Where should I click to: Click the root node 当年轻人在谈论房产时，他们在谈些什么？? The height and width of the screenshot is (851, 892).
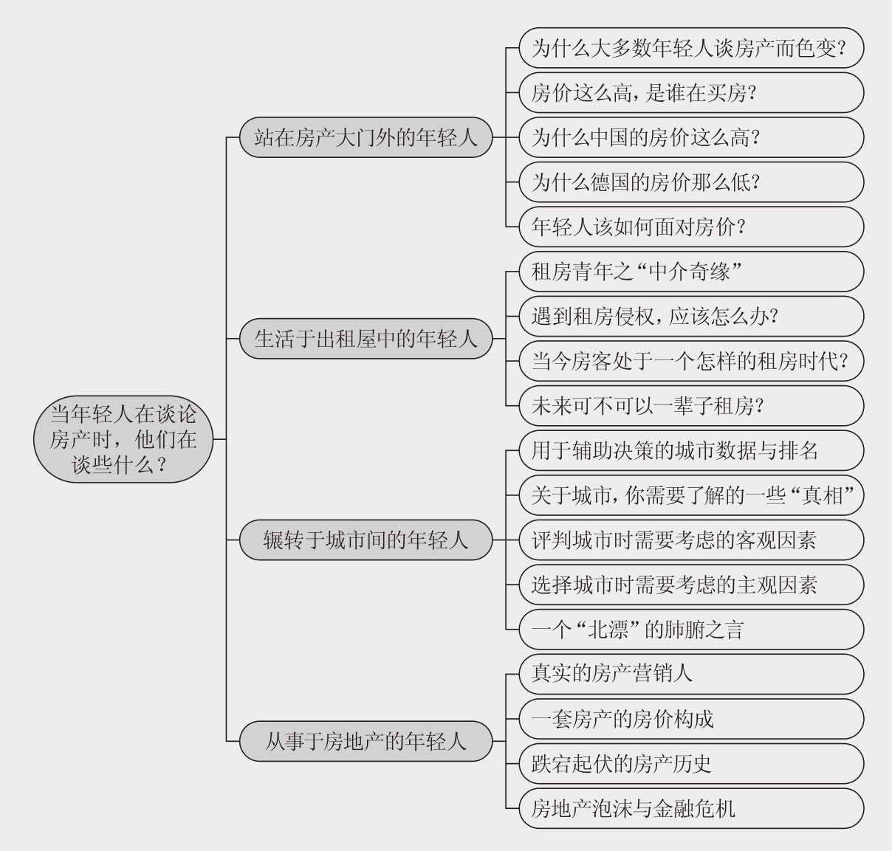click(x=123, y=438)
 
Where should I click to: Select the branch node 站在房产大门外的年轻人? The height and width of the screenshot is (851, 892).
click(x=366, y=137)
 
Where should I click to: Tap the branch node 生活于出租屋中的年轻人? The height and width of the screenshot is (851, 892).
click(x=366, y=338)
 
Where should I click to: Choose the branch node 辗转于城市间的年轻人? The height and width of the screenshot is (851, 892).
click(x=366, y=540)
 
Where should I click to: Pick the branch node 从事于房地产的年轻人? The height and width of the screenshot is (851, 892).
click(x=366, y=741)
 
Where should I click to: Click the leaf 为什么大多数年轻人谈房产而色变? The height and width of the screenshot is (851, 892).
click(x=691, y=48)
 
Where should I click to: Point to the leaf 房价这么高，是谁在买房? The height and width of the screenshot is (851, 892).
click(x=691, y=92)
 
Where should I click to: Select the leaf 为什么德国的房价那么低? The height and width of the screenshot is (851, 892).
click(x=691, y=182)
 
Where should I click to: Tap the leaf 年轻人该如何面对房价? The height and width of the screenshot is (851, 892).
click(x=691, y=227)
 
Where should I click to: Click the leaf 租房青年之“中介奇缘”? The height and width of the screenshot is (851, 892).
click(x=691, y=272)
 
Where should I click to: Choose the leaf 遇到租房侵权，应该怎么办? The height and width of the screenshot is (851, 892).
click(x=691, y=316)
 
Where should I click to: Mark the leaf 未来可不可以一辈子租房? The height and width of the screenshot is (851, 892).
click(x=691, y=405)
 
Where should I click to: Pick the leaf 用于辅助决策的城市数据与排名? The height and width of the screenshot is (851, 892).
click(x=691, y=450)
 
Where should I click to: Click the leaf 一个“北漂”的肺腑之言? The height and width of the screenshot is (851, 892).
click(x=691, y=629)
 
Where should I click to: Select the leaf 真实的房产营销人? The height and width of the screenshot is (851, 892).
click(x=691, y=674)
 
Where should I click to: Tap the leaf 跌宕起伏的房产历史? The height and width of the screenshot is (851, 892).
click(x=691, y=763)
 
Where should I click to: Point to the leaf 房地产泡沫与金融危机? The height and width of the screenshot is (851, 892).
click(x=691, y=808)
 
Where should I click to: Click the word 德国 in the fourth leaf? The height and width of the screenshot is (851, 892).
click(x=610, y=182)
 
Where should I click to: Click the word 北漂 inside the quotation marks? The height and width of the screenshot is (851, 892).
click(x=608, y=630)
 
